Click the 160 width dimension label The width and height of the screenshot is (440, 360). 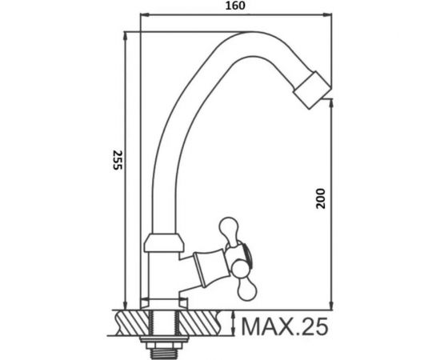tap(235, 6)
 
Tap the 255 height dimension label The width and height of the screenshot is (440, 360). tap(118, 160)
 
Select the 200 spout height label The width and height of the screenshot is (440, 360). tap(321, 198)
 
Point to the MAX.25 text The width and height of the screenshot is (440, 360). tap(285, 326)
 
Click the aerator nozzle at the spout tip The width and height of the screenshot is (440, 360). tap(312, 90)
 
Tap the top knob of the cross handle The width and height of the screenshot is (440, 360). tap(229, 229)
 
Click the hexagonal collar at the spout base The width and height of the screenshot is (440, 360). tap(164, 242)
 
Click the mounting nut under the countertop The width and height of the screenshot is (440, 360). tap(164, 342)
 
